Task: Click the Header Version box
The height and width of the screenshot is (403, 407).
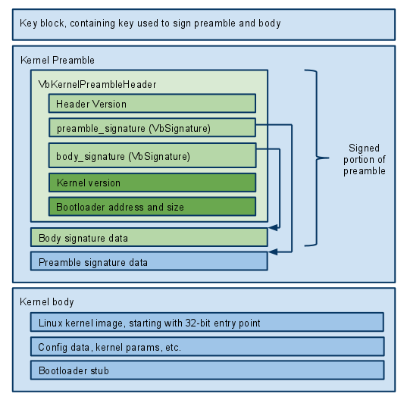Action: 152,103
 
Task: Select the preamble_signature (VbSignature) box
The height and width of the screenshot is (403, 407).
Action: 152,127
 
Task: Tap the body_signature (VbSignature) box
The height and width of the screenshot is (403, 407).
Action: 152,155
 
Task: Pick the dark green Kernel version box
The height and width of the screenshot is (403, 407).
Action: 152,183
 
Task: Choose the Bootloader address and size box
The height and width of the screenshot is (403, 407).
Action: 152,207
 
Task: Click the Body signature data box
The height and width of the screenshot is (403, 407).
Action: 149,237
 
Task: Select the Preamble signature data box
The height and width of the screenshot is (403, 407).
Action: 149,261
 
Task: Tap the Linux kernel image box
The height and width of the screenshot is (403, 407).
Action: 207,322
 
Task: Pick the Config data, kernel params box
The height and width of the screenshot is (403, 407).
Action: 207,346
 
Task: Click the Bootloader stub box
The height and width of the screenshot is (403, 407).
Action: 207,370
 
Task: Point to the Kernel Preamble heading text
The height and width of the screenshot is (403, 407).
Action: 58,60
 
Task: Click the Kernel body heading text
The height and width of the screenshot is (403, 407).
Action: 47,302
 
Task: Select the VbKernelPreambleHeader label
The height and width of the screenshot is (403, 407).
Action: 97,84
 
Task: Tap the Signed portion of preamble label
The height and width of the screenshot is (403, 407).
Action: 365,159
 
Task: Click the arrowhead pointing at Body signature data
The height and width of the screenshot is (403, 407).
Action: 273,228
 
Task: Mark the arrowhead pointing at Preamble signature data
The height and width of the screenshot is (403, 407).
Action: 273,251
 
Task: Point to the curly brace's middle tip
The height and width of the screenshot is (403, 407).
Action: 329,158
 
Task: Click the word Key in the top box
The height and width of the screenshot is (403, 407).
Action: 29,23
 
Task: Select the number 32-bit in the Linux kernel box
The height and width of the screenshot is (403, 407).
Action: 198,323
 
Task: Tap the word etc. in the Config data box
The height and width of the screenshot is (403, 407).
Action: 173,347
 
